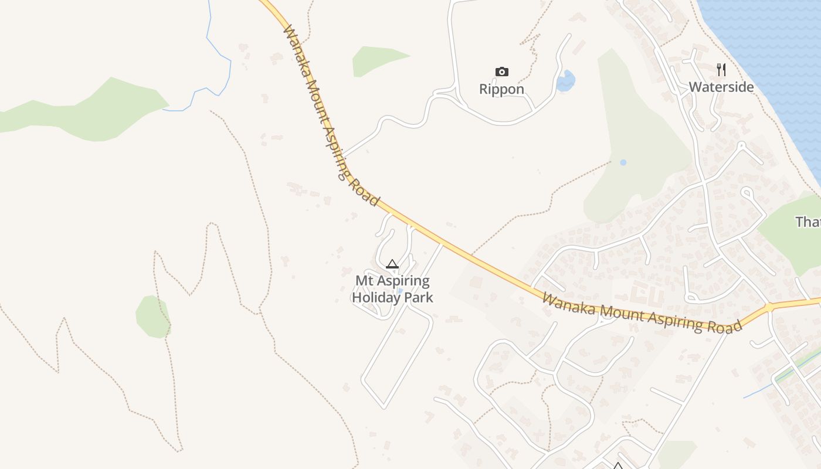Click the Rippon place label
[x=501, y=89]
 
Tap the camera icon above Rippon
[x=501, y=72]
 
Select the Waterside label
[x=721, y=87]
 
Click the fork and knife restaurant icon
[x=721, y=70]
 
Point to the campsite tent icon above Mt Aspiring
[x=392, y=264]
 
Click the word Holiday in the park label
[x=375, y=297]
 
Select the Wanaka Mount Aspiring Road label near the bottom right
[x=642, y=313]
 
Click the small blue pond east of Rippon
[x=566, y=81]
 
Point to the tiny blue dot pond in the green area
[x=623, y=162]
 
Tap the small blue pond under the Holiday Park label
[x=400, y=291]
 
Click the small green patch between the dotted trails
[x=152, y=317]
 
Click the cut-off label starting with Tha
[x=808, y=222]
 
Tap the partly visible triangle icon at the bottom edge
[x=618, y=466]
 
